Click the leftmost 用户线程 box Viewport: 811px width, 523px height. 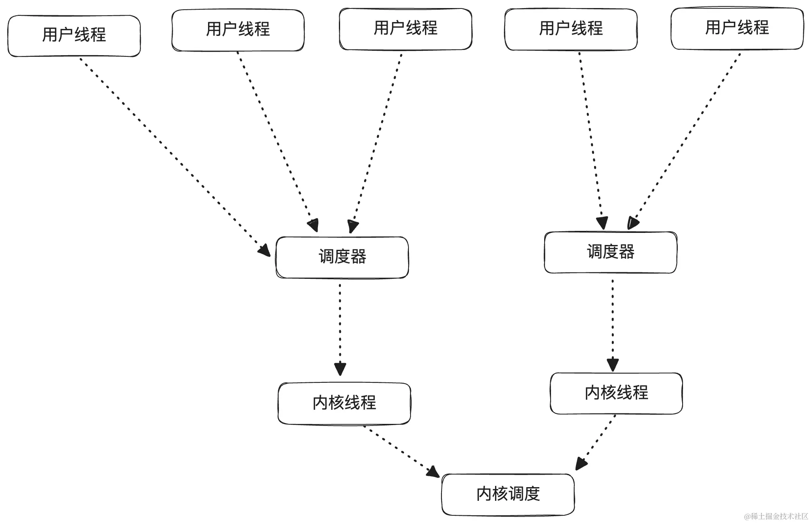[74, 35]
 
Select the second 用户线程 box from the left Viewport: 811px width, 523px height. [238, 30]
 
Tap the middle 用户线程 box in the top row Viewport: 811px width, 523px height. [405, 29]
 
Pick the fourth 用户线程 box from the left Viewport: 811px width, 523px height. [571, 29]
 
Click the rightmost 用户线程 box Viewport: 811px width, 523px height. [737, 28]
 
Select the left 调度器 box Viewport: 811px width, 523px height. [342, 257]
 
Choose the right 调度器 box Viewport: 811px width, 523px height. [610, 252]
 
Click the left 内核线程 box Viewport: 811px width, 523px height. [344, 403]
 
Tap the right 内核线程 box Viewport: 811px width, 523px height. [616, 393]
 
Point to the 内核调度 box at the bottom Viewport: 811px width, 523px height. [508, 494]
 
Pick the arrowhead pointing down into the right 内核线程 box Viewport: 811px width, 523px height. [613, 364]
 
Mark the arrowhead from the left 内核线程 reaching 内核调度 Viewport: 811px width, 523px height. [433, 472]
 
